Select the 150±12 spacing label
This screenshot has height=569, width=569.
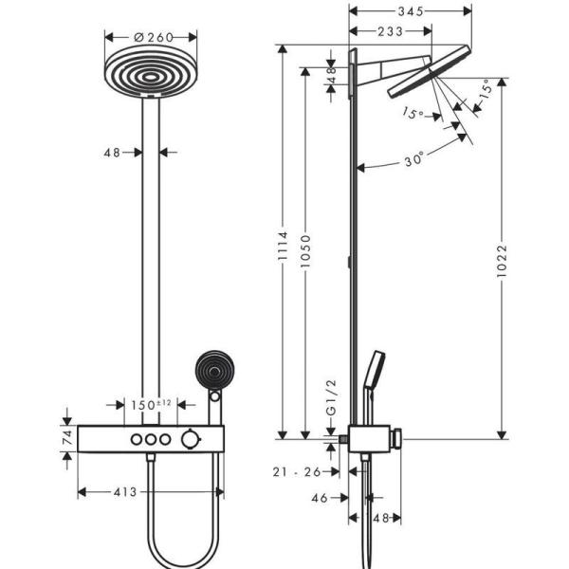[151, 405]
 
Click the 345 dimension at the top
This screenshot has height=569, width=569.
[411, 11]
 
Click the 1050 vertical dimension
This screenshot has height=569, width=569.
[303, 266]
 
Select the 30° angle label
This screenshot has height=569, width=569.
[411, 161]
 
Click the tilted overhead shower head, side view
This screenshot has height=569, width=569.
[430, 71]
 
